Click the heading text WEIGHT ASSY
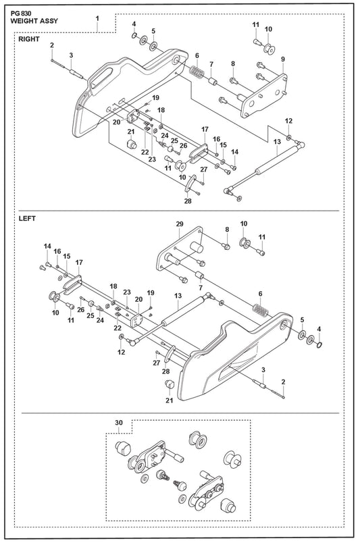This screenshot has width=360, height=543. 34,21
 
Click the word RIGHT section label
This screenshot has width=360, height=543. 29,39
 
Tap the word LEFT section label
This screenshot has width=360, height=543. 27,219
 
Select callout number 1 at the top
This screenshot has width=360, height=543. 97,18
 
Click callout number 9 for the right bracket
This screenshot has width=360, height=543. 283,59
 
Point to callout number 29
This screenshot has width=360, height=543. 180,224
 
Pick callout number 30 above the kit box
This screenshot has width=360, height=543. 119,423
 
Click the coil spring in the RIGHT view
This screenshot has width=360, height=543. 197,72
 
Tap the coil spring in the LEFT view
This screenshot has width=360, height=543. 261,309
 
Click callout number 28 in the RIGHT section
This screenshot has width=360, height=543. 188,201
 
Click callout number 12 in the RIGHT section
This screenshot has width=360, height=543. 288,121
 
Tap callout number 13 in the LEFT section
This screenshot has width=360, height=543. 178,296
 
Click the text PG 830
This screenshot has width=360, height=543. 21,14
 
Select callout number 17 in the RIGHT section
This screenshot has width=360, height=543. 205,129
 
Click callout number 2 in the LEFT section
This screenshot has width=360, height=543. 284,382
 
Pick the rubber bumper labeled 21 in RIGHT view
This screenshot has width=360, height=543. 131,143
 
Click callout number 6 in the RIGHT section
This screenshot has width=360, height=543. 197,55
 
